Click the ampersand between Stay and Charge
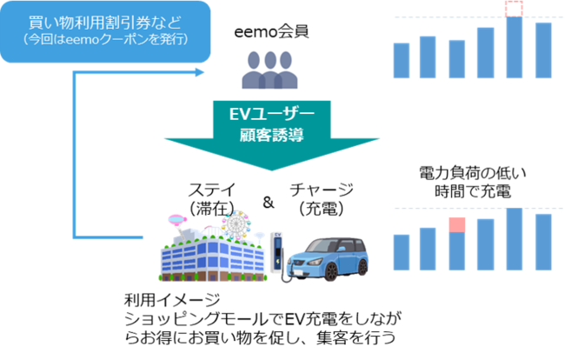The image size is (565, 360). pos(268,203)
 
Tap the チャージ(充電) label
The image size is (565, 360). pos(322,198)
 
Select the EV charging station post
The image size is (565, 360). pos(277,254)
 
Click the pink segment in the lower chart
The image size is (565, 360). pos(457,226)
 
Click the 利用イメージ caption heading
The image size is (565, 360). pos(165,300)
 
